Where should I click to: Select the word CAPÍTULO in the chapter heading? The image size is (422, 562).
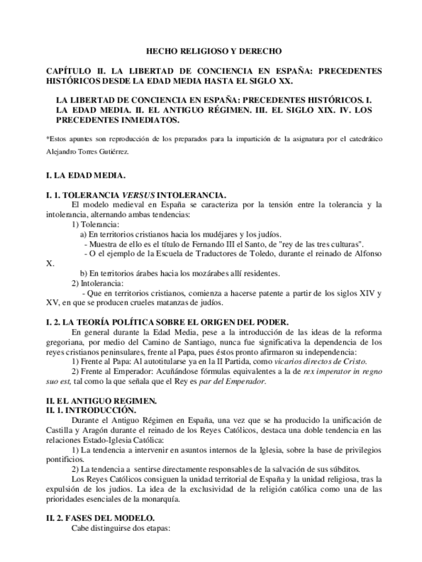tap(68, 70)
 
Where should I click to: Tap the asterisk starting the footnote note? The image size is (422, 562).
tap(47, 139)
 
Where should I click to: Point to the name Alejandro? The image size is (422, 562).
tap(64, 151)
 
